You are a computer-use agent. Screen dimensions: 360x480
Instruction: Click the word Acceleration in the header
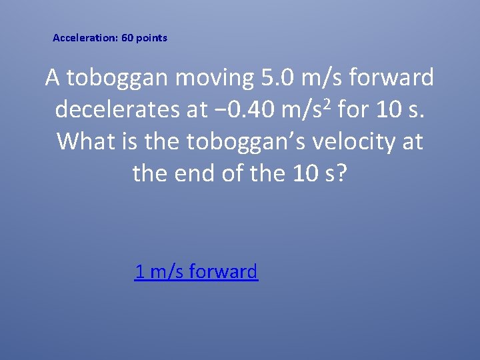83,38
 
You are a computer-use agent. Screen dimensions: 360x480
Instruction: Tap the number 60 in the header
127,38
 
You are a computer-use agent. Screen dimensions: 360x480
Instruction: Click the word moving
213,79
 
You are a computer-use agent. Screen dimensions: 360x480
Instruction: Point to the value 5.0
277,79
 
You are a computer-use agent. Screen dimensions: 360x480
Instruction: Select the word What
85,142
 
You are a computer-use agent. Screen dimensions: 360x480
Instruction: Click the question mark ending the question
341,173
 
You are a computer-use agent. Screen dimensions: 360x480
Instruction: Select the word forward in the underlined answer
223,271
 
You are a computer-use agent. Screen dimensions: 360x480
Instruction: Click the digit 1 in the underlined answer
139,271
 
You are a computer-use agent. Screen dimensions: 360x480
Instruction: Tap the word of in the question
241,173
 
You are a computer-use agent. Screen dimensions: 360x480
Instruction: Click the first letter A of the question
53,79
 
